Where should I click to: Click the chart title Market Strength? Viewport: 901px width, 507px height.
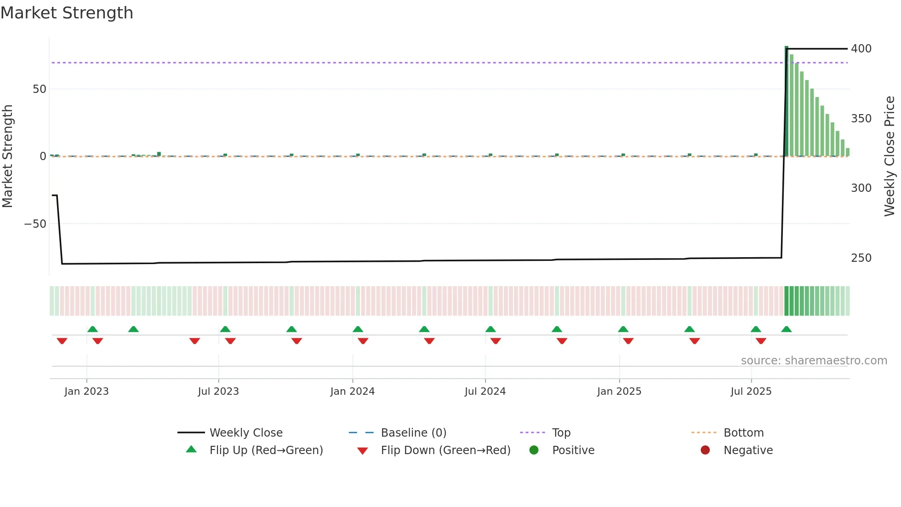[67, 13]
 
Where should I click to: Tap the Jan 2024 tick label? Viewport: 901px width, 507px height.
[352, 392]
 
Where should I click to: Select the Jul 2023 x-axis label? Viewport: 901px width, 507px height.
[218, 392]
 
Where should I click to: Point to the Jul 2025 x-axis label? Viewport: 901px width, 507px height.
[751, 392]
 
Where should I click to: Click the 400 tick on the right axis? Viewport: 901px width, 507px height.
[861, 49]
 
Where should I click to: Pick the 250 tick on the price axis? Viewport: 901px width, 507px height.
[861, 258]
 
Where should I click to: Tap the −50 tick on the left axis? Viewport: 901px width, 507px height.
[35, 224]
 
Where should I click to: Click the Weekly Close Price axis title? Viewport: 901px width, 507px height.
[890, 156]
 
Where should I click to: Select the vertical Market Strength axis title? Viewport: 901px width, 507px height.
[8, 156]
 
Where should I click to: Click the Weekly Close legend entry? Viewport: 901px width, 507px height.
[246, 433]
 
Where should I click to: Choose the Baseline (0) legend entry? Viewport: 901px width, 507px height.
[413, 433]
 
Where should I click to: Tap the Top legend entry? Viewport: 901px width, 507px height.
[561, 433]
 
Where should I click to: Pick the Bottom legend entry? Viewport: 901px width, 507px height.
[743, 433]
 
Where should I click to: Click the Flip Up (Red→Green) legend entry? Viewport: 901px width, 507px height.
[266, 450]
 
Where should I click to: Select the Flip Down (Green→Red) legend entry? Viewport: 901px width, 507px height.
[445, 450]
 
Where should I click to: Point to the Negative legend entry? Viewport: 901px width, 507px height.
[748, 450]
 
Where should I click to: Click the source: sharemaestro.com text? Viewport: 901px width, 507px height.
[814, 361]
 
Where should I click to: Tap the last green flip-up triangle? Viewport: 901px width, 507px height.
[786, 329]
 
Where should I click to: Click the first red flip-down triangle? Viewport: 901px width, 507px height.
[62, 341]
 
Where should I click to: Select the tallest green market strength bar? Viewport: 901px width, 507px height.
[786, 101]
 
